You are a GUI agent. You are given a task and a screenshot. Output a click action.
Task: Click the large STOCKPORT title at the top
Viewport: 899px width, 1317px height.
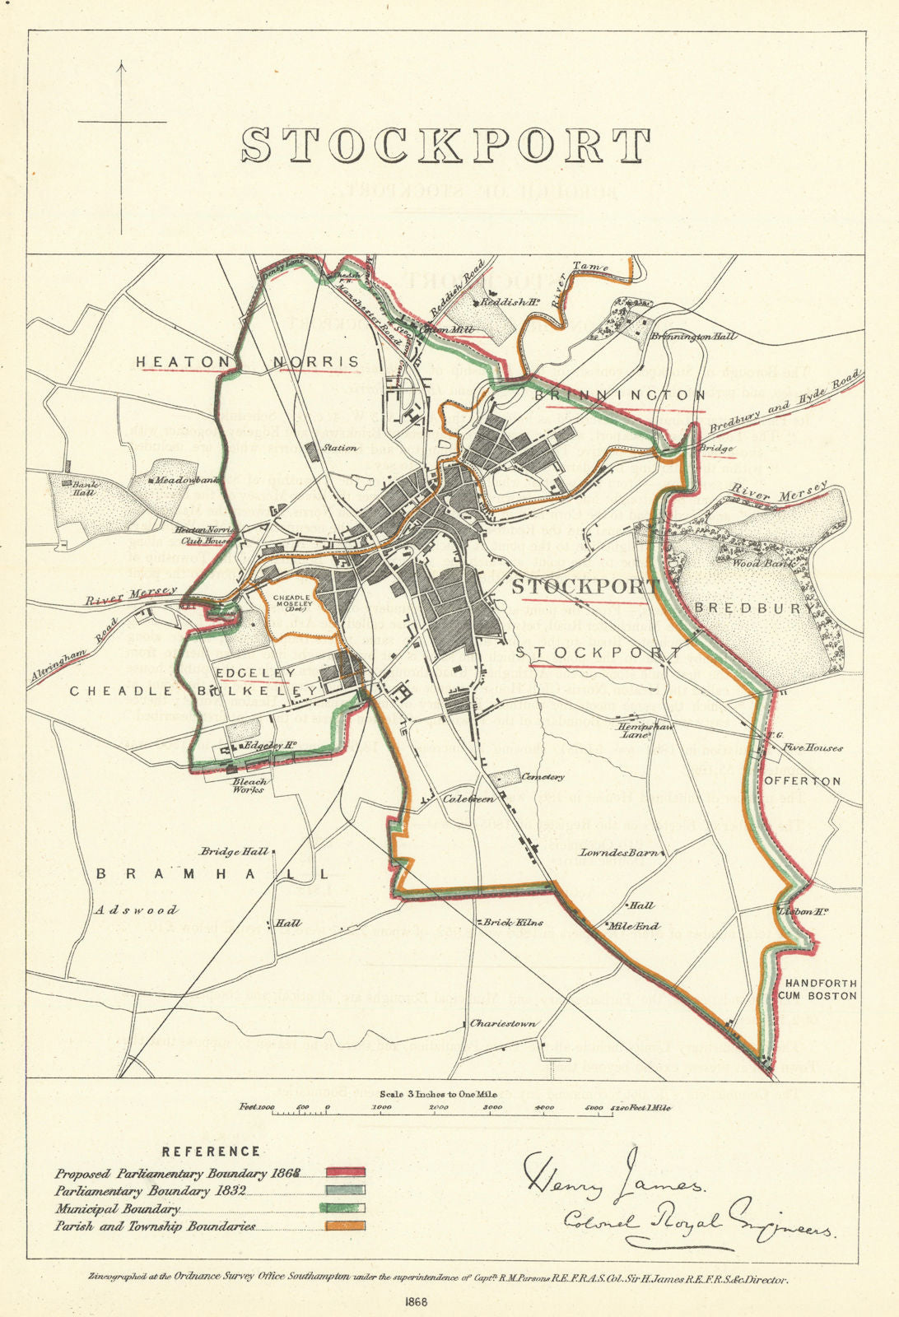point(445,145)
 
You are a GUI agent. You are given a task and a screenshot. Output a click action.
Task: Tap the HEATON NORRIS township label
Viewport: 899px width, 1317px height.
point(247,361)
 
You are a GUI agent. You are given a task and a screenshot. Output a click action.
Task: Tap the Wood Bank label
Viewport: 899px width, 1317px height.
point(746,564)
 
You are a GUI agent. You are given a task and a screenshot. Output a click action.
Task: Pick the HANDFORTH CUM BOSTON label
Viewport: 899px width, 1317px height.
point(821,989)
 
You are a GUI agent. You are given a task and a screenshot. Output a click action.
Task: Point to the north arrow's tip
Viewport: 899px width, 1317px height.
point(122,62)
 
